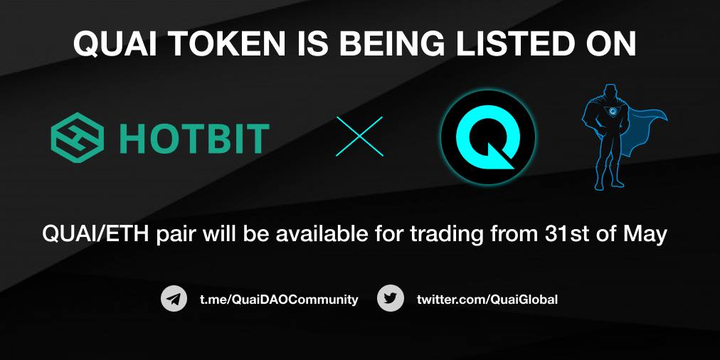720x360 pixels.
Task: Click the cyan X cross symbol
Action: pos(359,137)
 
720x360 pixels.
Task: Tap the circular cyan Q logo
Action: pos(488,137)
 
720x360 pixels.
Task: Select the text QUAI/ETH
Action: pos(95,235)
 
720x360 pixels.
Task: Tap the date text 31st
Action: pos(567,235)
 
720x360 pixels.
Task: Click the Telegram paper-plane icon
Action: pos(174,299)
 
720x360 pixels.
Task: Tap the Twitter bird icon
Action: pos(391,299)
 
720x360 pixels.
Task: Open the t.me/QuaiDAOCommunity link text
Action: pos(279,300)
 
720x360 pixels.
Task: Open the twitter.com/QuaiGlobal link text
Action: pos(487,300)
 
